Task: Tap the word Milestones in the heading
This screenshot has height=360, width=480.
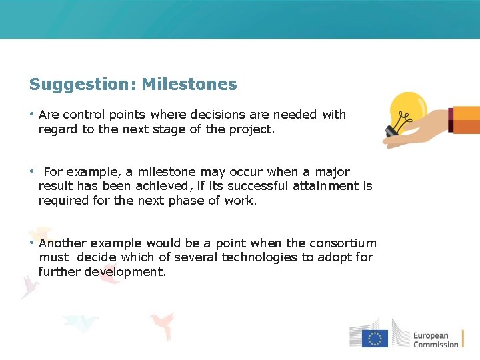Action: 189,85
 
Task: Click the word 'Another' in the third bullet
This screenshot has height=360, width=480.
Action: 63,243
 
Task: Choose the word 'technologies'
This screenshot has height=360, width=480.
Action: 260,257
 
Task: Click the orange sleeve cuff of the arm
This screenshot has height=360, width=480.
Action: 465,120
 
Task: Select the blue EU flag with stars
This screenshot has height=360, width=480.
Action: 375,338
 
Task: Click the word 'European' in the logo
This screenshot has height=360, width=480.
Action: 431,335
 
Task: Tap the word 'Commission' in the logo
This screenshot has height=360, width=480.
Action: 436,345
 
